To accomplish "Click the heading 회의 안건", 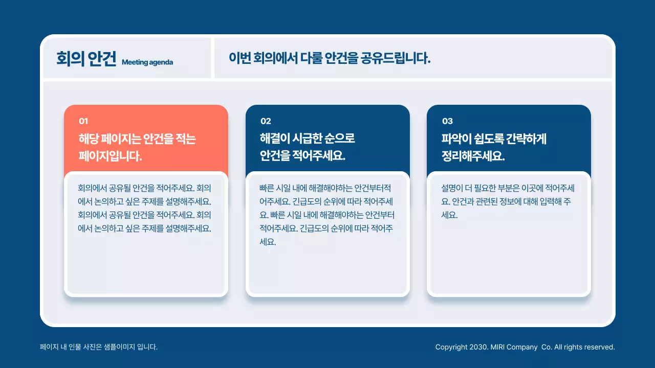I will pyautogui.click(x=86, y=59).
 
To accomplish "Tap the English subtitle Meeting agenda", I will pyautogui.click(x=147, y=62).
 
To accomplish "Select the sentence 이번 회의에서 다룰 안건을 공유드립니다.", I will pyautogui.click(x=330, y=58).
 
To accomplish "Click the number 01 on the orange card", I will pyautogui.click(x=83, y=121).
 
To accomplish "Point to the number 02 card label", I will pyautogui.click(x=266, y=121).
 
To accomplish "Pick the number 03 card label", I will pyautogui.click(x=447, y=121).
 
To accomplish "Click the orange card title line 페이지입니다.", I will pyautogui.click(x=110, y=156).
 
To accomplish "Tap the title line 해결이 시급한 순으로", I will pyautogui.click(x=307, y=139).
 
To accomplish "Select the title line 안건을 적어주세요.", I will pyautogui.click(x=302, y=156).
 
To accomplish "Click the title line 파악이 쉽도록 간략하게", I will pyautogui.click(x=494, y=139).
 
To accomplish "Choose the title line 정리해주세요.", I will pyautogui.click(x=473, y=156).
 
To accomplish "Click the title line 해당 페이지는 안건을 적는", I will pyautogui.click(x=137, y=139).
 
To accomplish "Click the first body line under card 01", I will pyautogui.click(x=144, y=188).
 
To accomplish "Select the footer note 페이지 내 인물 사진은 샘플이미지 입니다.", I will pyautogui.click(x=99, y=347).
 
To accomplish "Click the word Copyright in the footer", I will pyautogui.click(x=451, y=347).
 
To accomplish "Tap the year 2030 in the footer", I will pyautogui.click(x=477, y=347).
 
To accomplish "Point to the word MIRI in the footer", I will pyautogui.click(x=498, y=347).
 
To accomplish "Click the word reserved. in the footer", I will pyautogui.click(x=599, y=347).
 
